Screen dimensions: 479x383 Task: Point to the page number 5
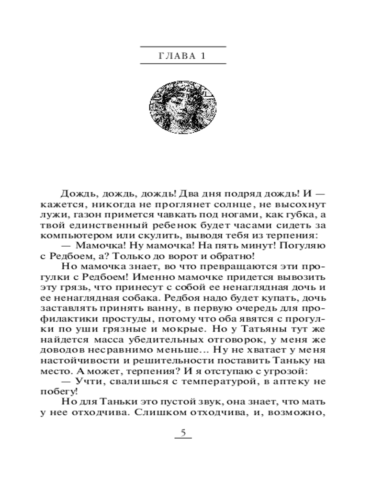(x=182, y=433)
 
